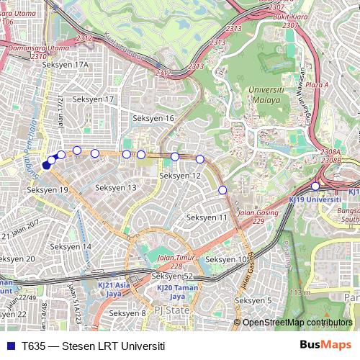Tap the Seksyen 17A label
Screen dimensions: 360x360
(65, 65)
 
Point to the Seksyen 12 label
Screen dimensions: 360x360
(180, 176)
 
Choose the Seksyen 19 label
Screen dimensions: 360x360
(47, 190)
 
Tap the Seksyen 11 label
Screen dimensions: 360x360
(207, 217)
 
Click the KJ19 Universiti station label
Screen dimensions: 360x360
(314, 197)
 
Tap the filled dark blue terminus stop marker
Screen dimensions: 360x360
(46, 165)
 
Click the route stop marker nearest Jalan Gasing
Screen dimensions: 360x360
(222, 189)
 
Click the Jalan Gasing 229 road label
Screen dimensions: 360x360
(258, 217)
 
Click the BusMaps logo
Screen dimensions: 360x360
(325, 345)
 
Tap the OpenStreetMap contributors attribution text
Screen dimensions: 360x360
(297, 322)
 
